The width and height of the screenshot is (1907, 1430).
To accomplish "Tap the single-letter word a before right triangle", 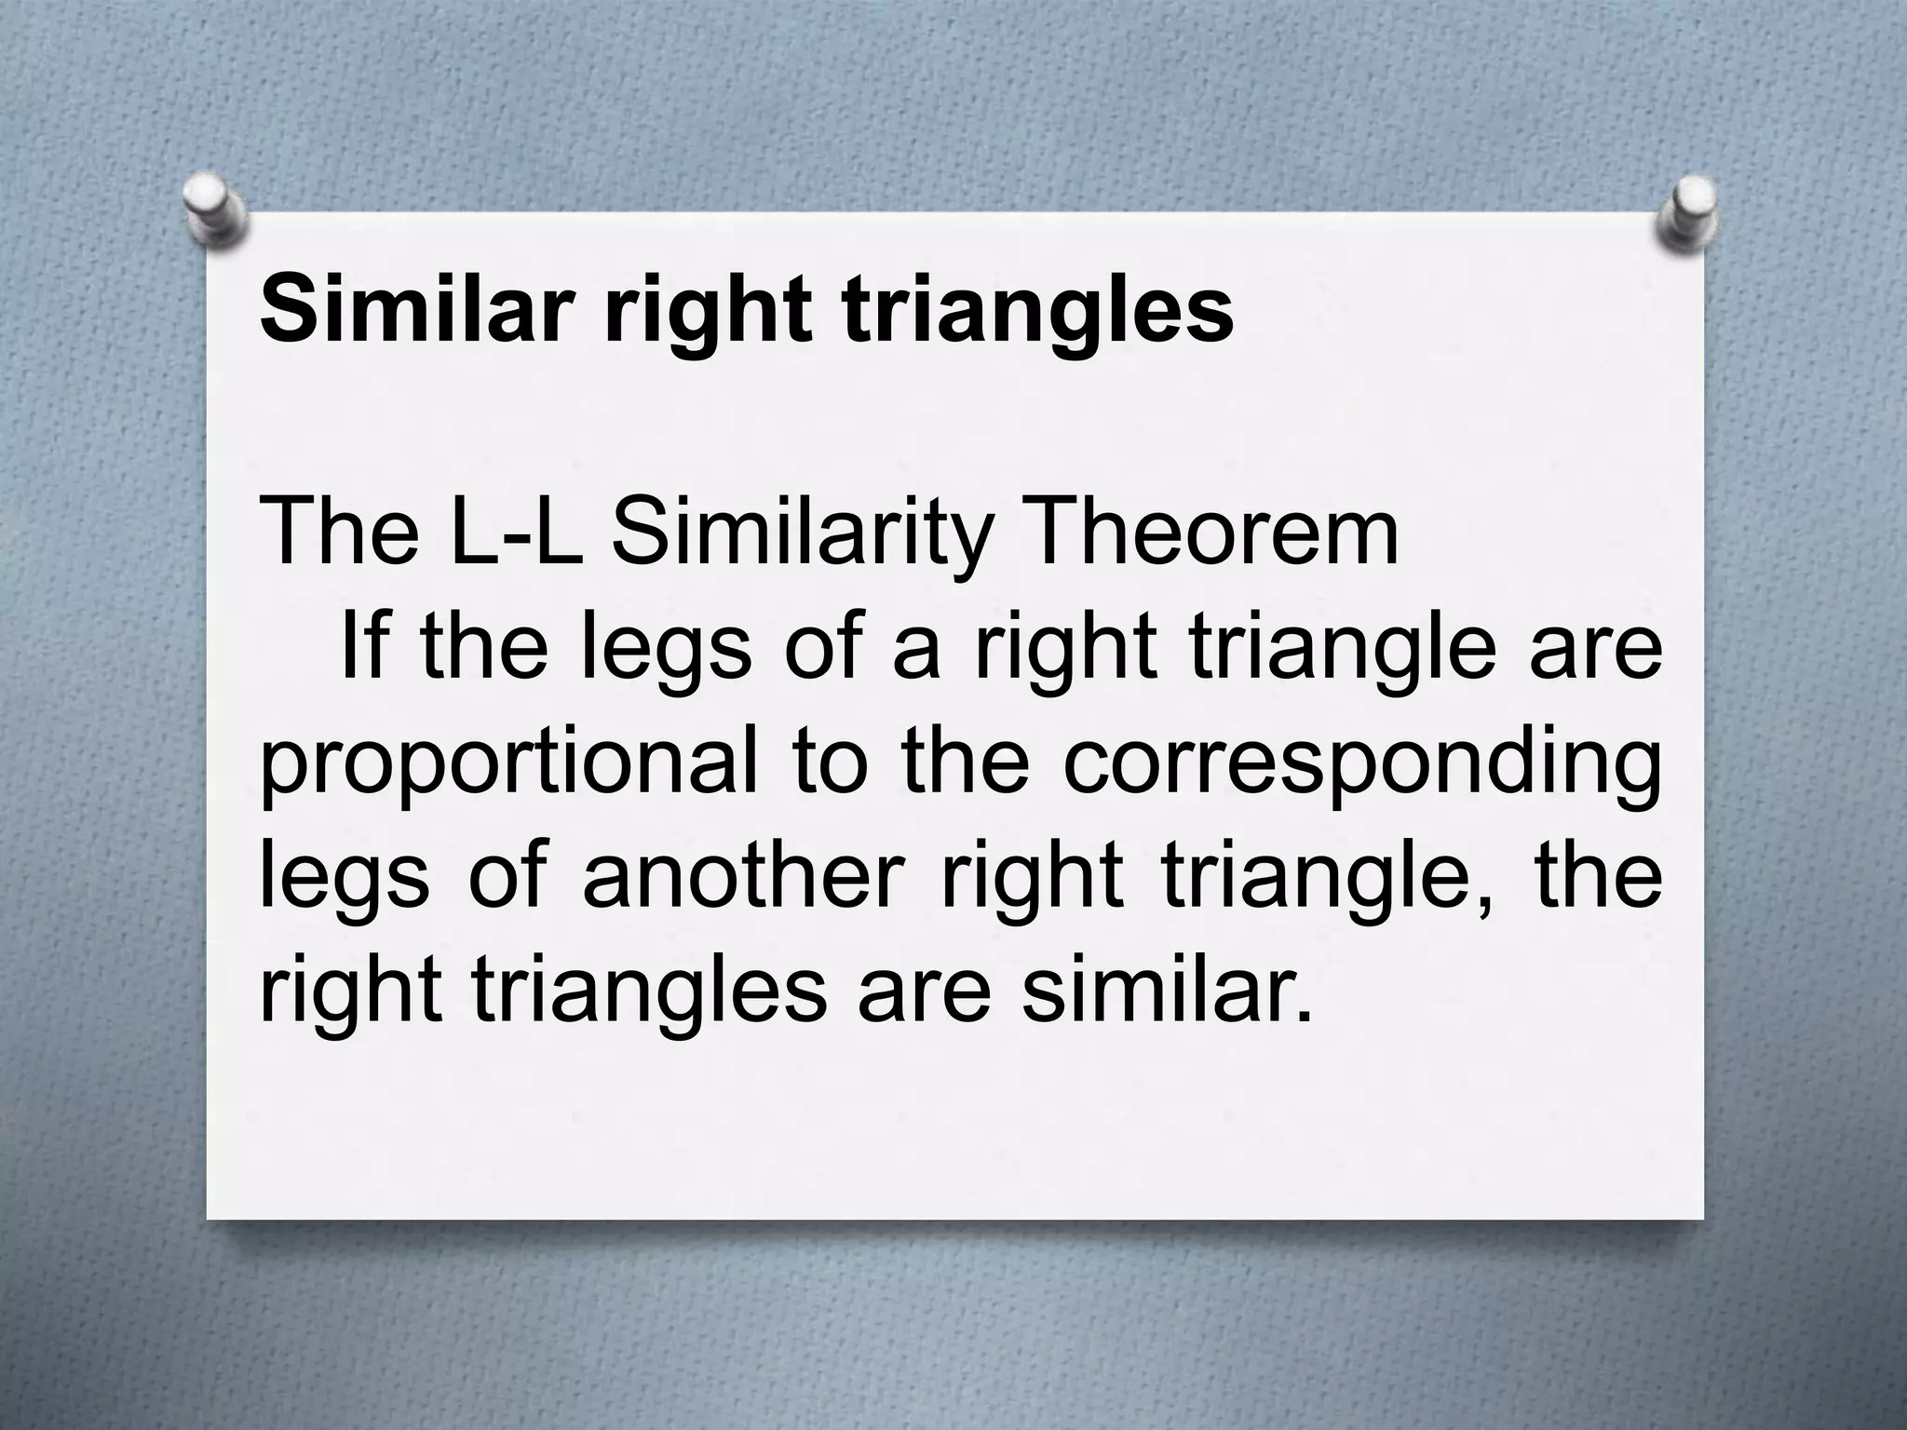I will (916, 650).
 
